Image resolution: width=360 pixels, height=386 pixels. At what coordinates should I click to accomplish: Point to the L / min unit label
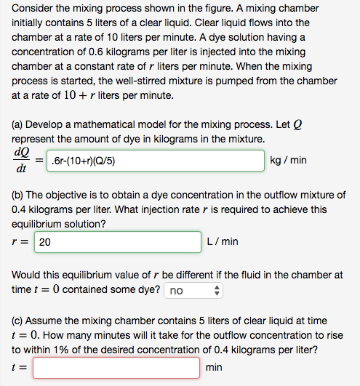(x=223, y=241)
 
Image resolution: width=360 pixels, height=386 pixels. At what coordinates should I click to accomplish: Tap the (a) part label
(x=19, y=121)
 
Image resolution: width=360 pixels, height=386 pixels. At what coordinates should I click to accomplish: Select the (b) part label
(x=19, y=194)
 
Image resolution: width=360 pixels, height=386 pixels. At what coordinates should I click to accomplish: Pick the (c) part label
(x=19, y=321)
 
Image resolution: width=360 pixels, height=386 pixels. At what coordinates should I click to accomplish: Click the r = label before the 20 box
(x=20, y=242)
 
